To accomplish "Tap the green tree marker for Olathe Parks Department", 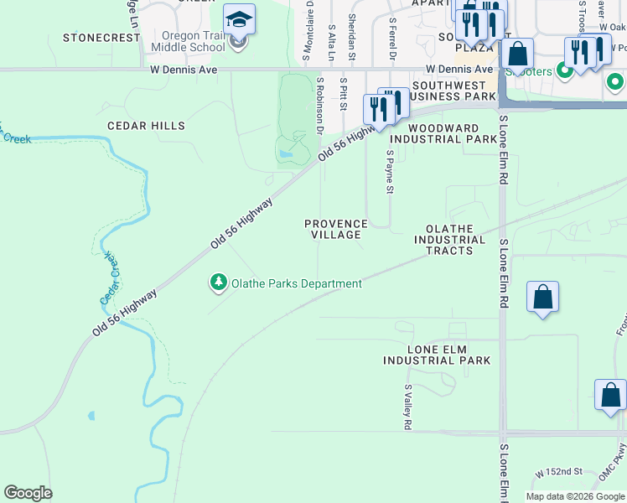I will pos(218,283).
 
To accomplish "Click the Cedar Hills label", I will pos(146,126).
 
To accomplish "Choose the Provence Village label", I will pos(335,230).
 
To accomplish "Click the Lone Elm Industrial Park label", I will pos(436,355).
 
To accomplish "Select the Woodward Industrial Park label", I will pos(443,133).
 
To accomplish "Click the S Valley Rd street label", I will pos(407,407).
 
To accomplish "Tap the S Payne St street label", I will pos(390,172).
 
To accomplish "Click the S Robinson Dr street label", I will pos(319,106).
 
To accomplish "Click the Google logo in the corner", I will pos(28,493).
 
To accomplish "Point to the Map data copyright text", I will pos(575,496).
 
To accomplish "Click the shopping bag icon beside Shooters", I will pos(519,54).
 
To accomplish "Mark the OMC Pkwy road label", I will pos(611,466).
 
